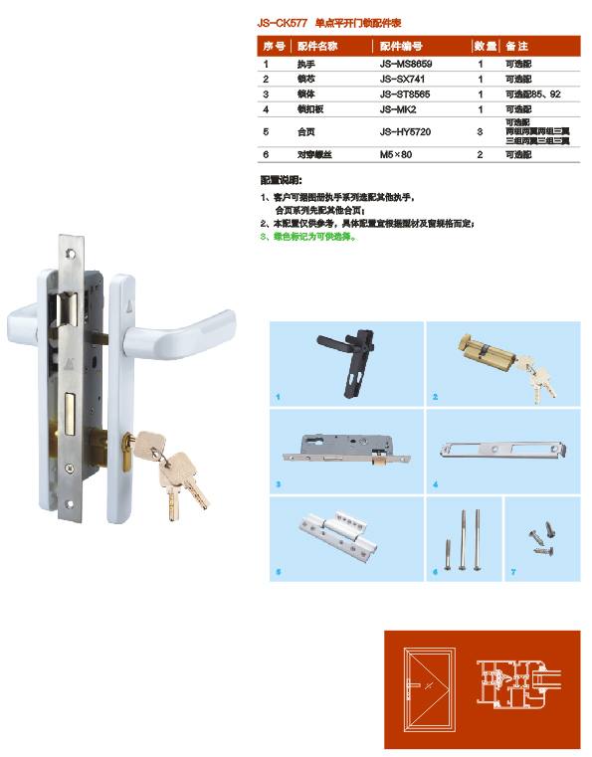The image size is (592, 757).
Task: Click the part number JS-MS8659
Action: click(x=405, y=64)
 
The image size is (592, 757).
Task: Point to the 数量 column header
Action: click(x=485, y=47)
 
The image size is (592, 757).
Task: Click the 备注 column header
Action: click(x=516, y=47)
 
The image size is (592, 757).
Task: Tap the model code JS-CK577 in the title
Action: click(x=281, y=21)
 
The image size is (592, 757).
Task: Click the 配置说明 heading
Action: click(x=280, y=181)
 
